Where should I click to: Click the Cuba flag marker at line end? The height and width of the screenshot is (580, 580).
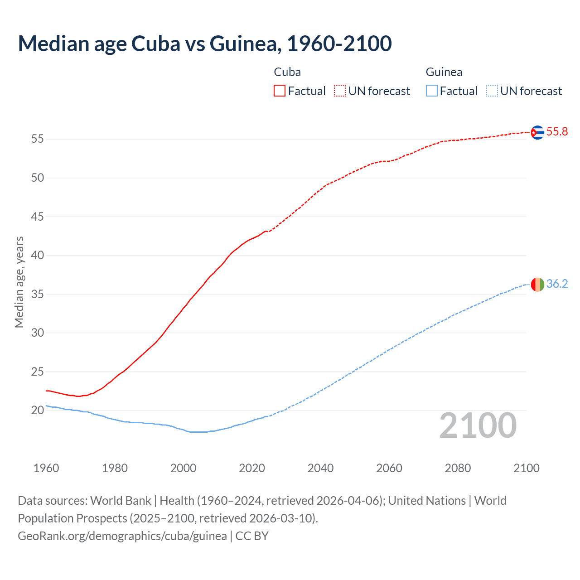point(537,132)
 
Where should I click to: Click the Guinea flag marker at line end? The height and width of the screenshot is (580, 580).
point(537,285)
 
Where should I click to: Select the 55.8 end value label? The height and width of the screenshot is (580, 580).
point(557,132)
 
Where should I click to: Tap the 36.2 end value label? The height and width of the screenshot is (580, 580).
point(557,284)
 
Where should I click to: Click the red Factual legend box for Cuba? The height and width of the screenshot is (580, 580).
point(280,91)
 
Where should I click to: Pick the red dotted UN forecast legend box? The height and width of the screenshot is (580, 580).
point(340,91)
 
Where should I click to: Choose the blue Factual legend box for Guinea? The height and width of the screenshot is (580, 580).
point(432,91)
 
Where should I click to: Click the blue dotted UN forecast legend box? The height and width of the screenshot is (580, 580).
point(492,91)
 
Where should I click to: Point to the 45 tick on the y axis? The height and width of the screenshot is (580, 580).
point(38,217)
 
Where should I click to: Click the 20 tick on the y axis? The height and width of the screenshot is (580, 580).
point(38,411)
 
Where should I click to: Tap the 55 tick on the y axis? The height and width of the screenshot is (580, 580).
point(38,139)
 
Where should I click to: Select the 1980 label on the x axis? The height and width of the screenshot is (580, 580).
point(115,468)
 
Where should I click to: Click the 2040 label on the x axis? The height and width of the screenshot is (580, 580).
point(320,468)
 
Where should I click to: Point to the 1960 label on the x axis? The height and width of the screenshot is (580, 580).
point(46,468)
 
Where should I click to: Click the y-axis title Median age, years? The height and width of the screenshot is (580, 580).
point(19,282)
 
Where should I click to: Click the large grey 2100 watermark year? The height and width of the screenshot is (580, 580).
point(478,425)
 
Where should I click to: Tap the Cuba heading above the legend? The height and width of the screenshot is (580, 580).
point(287,72)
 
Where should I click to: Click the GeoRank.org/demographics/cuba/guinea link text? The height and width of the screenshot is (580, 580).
point(122,536)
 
